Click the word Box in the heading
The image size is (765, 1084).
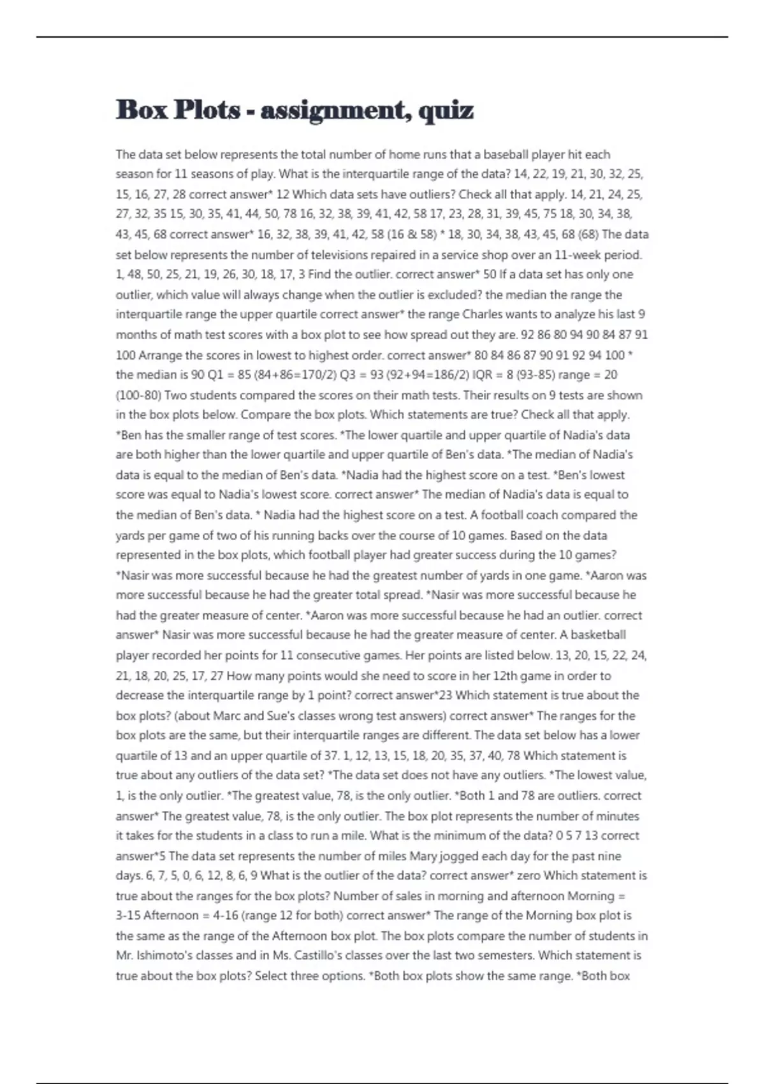(142, 110)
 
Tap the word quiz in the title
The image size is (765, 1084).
(446, 111)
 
